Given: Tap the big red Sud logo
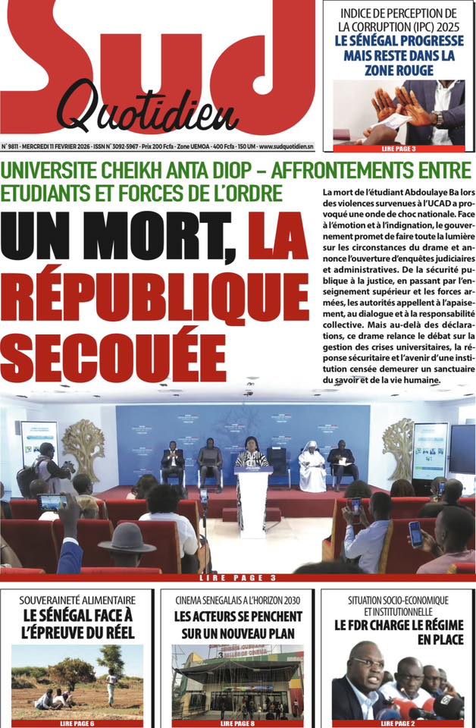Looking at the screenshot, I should pyautogui.click(x=152, y=53).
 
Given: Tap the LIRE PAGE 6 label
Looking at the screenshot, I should pyautogui.click(x=78, y=723).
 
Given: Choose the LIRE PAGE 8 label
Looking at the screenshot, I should pyautogui.click(x=237, y=723).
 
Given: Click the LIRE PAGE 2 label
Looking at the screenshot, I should pyautogui.click(x=397, y=723).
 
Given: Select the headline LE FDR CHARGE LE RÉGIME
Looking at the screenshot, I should pyautogui.click(x=397, y=626).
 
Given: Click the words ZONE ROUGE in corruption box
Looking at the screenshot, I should pyautogui.click(x=398, y=71).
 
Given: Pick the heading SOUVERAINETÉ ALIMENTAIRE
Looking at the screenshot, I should pyautogui.click(x=78, y=600).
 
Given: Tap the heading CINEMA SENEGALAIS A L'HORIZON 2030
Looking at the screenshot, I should pyautogui.click(x=237, y=600).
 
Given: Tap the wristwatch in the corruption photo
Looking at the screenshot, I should pyautogui.click(x=437, y=118).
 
